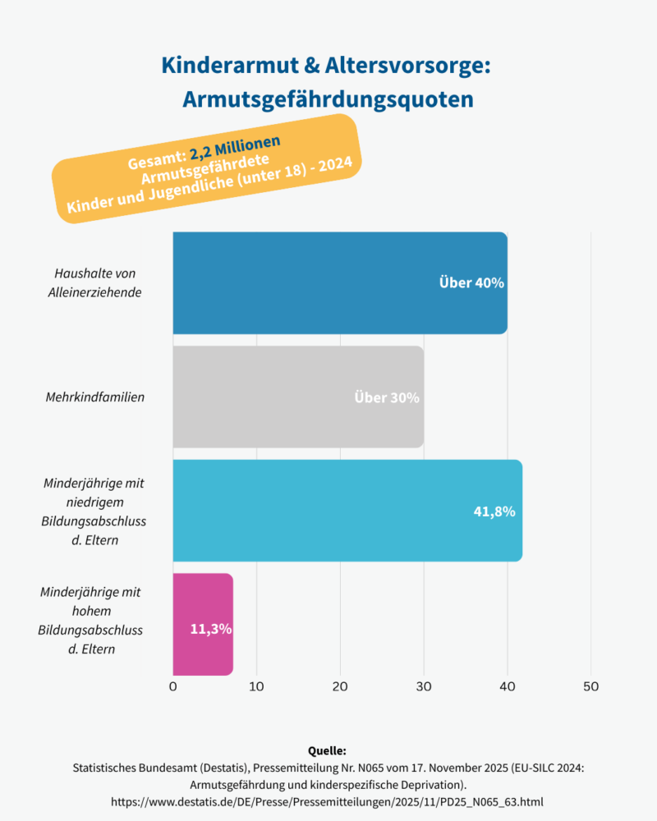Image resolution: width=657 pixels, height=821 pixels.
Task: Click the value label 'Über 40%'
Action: pyautogui.click(x=471, y=282)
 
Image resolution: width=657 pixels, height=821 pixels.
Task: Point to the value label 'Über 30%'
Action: pyautogui.click(x=387, y=397)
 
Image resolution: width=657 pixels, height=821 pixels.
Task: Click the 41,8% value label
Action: pyautogui.click(x=494, y=511)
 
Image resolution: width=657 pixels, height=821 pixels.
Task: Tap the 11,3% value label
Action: pyautogui.click(x=211, y=630)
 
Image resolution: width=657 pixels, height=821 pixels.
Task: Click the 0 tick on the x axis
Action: pyautogui.click(x=173, y=686)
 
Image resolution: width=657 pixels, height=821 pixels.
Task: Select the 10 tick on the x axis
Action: pyautogui.click(x=256, y=686)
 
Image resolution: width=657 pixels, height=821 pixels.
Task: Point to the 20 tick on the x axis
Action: pyautogui.click(x=340, y=686)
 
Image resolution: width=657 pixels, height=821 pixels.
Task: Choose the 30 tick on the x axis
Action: pyautogui.click(x=424, y=686)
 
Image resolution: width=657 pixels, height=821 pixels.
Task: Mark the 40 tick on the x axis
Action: pyautogui.click(x=507, y=686)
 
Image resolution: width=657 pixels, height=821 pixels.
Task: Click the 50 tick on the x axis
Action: pyautogui.click(x=590, y=686)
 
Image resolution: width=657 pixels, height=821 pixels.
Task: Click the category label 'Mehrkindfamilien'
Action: pyautogui.click(x=95, y=397)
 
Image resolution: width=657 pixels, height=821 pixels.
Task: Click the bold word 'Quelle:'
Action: pyautogui.click(x=328, y=751)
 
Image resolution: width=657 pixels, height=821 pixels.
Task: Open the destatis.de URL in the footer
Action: pyautogui.click(x=328, y=800)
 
